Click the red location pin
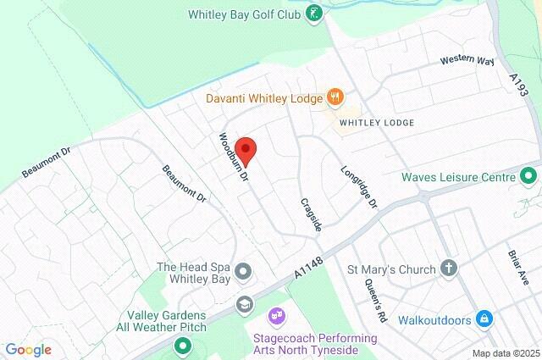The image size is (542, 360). pyautogui.click(x=245, y=147)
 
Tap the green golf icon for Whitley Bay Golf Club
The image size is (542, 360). pyautogui.click(x=315, y=13)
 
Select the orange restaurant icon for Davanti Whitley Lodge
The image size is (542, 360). pyautogui.click(x=336, y=97)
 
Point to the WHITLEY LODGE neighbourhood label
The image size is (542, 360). pyautogui.click(x=377, y=123)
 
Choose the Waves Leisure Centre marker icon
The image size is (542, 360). pyautogui.click(x=529, y=178)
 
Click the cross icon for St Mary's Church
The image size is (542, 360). pyautogui.click(x=449, y=269)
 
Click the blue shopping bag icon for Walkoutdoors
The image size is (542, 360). pyautogui.click(x=484, y=319)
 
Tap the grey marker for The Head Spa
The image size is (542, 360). pyautogui.click(x=244, y=272)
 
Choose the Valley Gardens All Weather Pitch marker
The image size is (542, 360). pyautogui.click(x=182, y=346)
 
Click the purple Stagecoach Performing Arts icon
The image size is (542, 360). pyautogui.click(x=275, y=317)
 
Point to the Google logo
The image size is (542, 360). pyautogui.click(x=28, y=350)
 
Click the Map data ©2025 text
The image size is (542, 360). pyautogui.click(x=506, y=353)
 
